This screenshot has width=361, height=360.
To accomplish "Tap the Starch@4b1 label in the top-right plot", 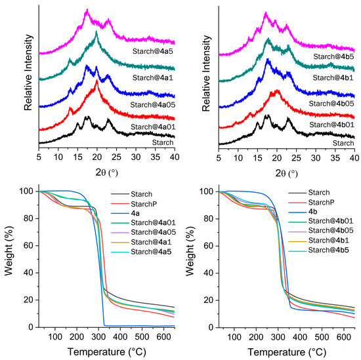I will [333, 77].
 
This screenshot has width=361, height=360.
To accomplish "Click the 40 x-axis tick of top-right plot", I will [354, 158].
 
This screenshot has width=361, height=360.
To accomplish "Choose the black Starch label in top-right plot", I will [342, 142].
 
